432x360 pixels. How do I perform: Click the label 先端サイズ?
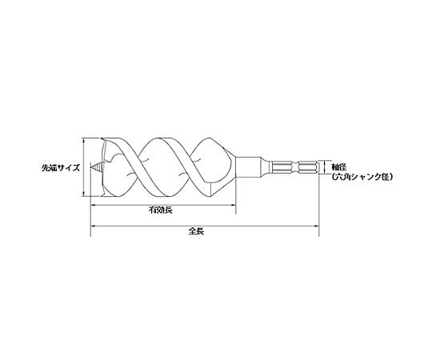pyautogui.click(x=61, y=168)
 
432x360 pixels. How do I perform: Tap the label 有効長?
pyautogui.click(x=161, y=210)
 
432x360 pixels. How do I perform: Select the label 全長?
pyautogui.click(x=197, y=231)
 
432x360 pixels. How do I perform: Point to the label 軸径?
pyautogui.click(x=339, y=166)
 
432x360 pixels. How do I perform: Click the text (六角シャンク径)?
pyautogui.click(x=362, y=177)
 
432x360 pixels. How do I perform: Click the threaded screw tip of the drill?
pyautogui.click(x=97, y=167)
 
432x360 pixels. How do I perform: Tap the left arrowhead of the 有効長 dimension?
pyautogui.click(x=93, y=205)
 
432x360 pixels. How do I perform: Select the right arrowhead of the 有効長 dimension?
pyautogui.click(x=234, y=205)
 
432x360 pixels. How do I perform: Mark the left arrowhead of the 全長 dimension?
pyautogui.click(x=93, y=226)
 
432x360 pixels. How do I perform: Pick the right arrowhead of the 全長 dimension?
pyautogui.click(x=316, y=226)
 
